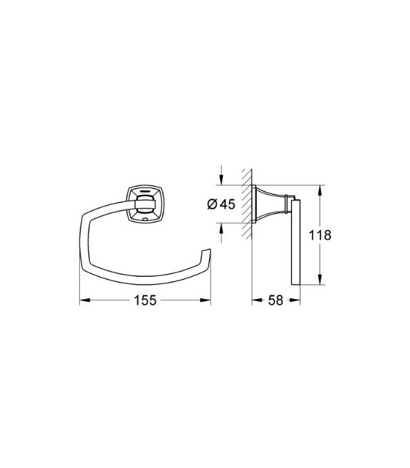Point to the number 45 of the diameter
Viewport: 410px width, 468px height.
pyautogui.click(x=227, y=204)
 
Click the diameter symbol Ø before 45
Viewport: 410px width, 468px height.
pyautogui.click(x=212, y=204)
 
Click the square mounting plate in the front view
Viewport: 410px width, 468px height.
pyautogui.click(x=143, y=202)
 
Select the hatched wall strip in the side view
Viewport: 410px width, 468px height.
pyautogui.click(x=247, y=205)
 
